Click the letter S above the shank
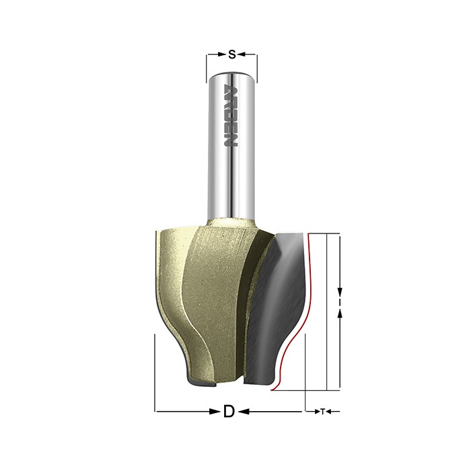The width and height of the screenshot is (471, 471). [231, 55]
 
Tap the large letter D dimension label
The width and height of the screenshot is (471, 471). [229, 411]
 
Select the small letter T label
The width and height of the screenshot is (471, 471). [322, 412]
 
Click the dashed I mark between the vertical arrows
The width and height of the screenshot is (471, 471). [340, 303]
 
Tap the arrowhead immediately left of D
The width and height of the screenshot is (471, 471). [215, 412]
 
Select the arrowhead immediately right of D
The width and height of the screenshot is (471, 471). [244, 412]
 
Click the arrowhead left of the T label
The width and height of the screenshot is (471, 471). [317, 412]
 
